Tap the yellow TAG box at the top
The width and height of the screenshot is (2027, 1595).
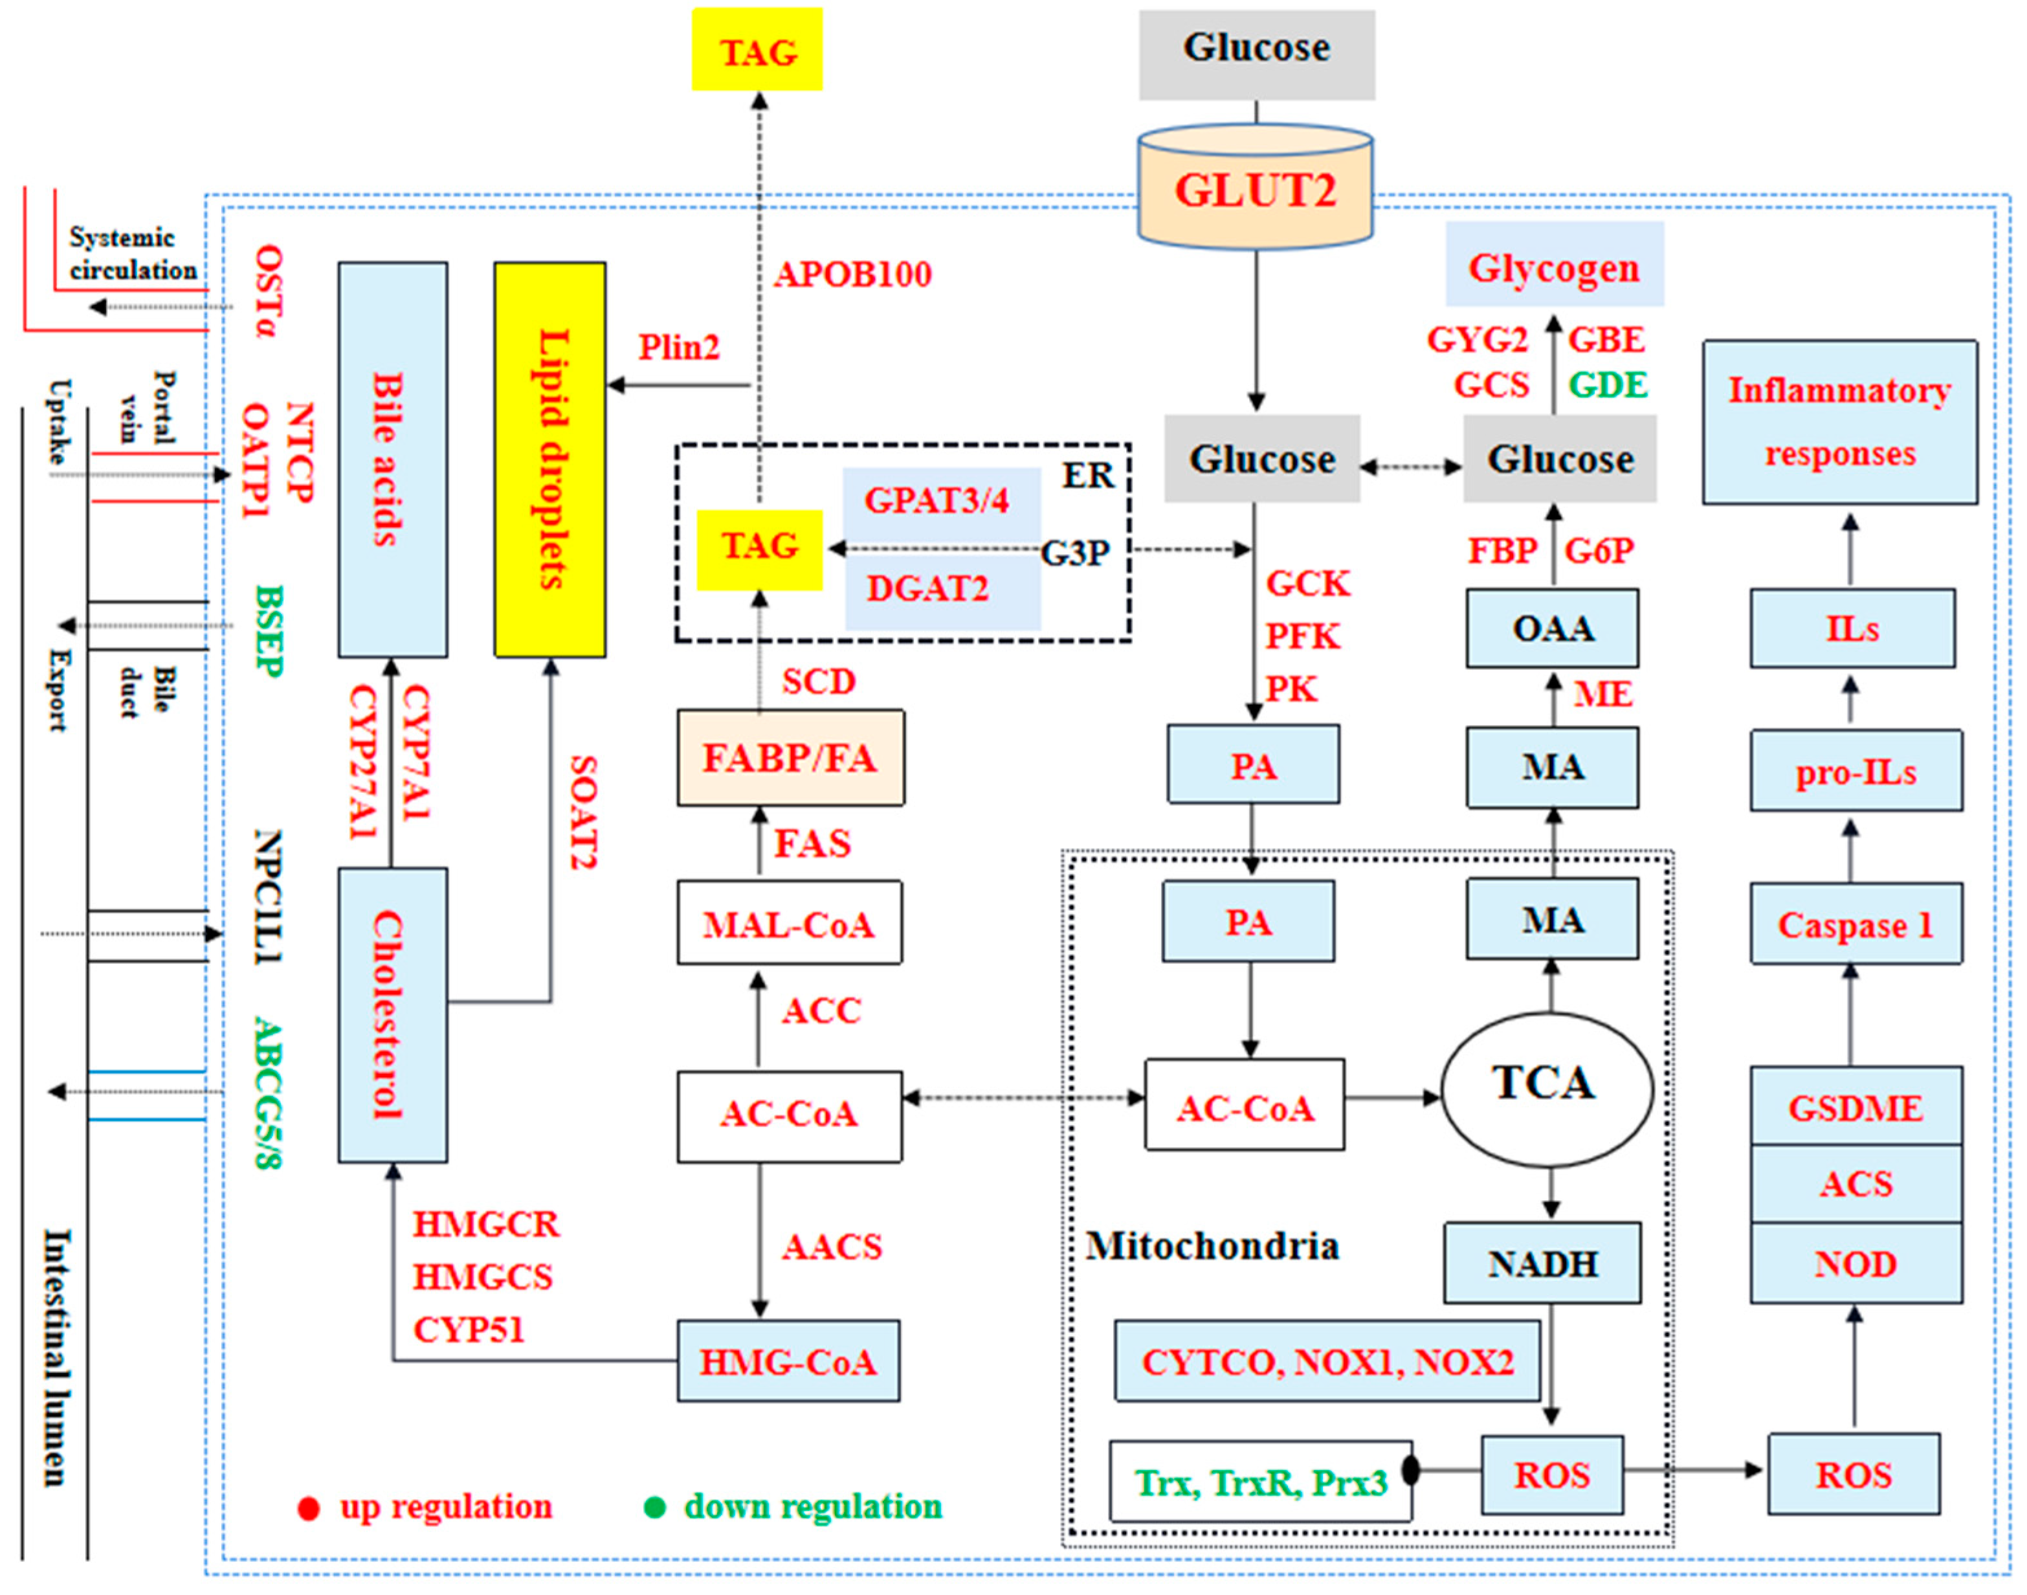pyautogui.click(x=757, y=50)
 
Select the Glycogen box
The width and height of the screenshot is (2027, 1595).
pyautogui.click(x=1554, y=266)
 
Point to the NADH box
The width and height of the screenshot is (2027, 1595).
pyautogui.click(x=1542, y=1262)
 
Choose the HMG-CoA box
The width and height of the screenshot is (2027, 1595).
pyautogui.click(x=788, y=1361)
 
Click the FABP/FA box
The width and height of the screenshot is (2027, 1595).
pyautogui.click(x=790, y=757)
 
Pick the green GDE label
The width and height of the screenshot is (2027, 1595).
pyautogui.click(x=1608, y=384)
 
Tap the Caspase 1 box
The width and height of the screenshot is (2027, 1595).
pyautogui.click(x=1854, y=924)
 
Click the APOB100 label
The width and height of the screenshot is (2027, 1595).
pyautogui.click(x=852, y=274)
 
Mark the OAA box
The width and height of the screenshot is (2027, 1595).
pyautogui.click(x=1552, y=627)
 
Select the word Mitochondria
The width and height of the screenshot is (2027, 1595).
pyautogui.click(x=1212, y=1245)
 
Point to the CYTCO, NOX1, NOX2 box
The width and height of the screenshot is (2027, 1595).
pyautogui.click(x=1327, y=1361)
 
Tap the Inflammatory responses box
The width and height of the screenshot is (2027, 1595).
pyautogui.click(x=1839, y=422)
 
